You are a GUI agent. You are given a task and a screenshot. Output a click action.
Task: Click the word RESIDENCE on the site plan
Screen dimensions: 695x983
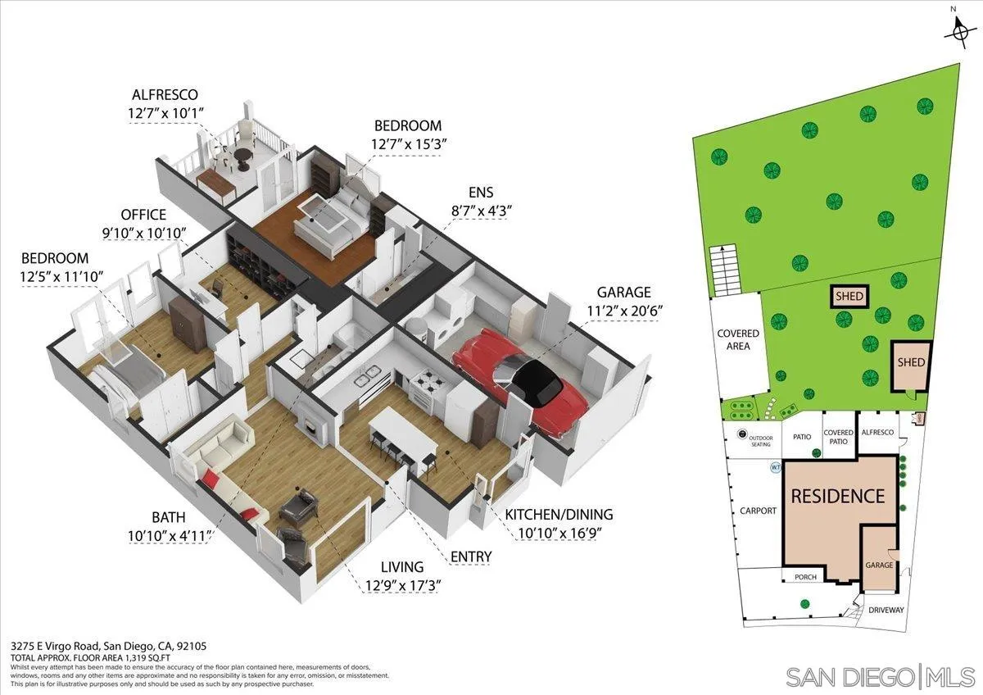836,496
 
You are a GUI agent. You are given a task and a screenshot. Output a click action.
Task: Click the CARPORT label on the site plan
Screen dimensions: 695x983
758,511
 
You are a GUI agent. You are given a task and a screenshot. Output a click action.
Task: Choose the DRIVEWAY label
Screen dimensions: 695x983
886,610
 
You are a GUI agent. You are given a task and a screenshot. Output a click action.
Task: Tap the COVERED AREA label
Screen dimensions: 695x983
738,340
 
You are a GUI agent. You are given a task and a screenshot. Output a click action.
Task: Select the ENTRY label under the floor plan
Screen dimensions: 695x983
471,557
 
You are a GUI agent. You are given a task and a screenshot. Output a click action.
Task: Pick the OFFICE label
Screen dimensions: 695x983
143,215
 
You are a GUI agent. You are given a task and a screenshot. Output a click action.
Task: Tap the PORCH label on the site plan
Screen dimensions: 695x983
806,577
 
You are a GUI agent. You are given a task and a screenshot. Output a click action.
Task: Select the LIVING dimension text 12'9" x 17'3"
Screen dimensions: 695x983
401,586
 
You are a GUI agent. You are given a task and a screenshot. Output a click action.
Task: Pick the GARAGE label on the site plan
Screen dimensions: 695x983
879,566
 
